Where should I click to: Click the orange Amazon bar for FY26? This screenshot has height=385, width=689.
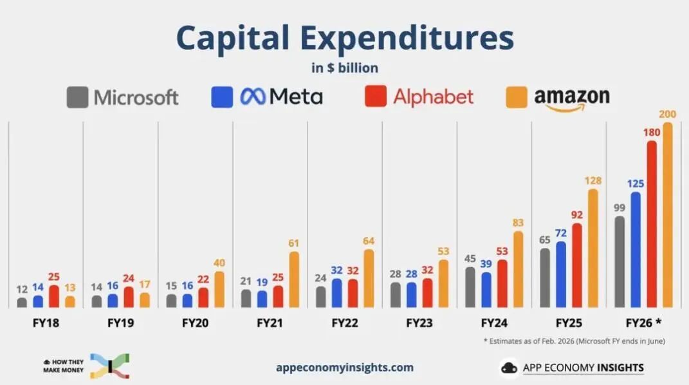coord(667,216)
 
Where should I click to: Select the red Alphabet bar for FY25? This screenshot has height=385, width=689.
coord(576,265)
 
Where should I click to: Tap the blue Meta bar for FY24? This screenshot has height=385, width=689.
coord(486,290)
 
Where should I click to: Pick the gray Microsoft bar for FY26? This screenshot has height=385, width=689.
coord(620,262)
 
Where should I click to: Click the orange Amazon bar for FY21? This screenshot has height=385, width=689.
coord(294,279)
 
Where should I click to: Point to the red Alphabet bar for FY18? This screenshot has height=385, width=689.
coord(53,296)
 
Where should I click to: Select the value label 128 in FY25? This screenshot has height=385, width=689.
coord(593,181)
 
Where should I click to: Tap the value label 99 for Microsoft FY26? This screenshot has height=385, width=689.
coord(620,207)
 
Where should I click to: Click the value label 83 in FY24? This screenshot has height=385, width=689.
coord(518,223)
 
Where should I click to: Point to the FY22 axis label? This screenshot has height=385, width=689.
coord(345,323)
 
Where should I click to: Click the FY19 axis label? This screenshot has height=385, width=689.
coord(120,323)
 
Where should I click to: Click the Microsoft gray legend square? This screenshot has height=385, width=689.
coord(77,97)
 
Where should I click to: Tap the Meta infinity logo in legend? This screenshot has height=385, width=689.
coord(253,97)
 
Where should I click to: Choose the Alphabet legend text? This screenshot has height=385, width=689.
coord(433,97)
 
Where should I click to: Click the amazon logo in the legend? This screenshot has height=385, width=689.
coord(571,99)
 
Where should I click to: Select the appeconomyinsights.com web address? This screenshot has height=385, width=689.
coord(345,368)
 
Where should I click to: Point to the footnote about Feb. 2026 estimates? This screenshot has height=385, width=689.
coord(574,341)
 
